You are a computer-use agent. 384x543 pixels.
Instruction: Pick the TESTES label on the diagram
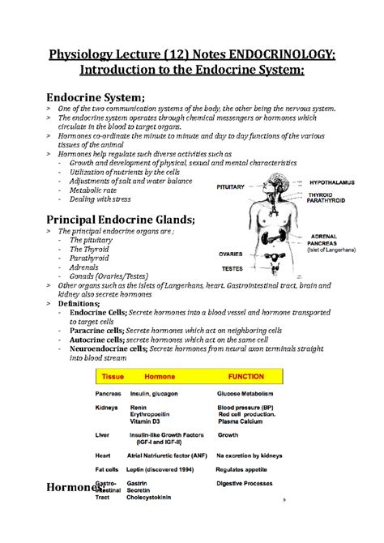point(233,267)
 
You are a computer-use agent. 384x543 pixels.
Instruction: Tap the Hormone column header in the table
point(160,377)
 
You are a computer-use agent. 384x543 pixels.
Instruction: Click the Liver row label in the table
point(103,434)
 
